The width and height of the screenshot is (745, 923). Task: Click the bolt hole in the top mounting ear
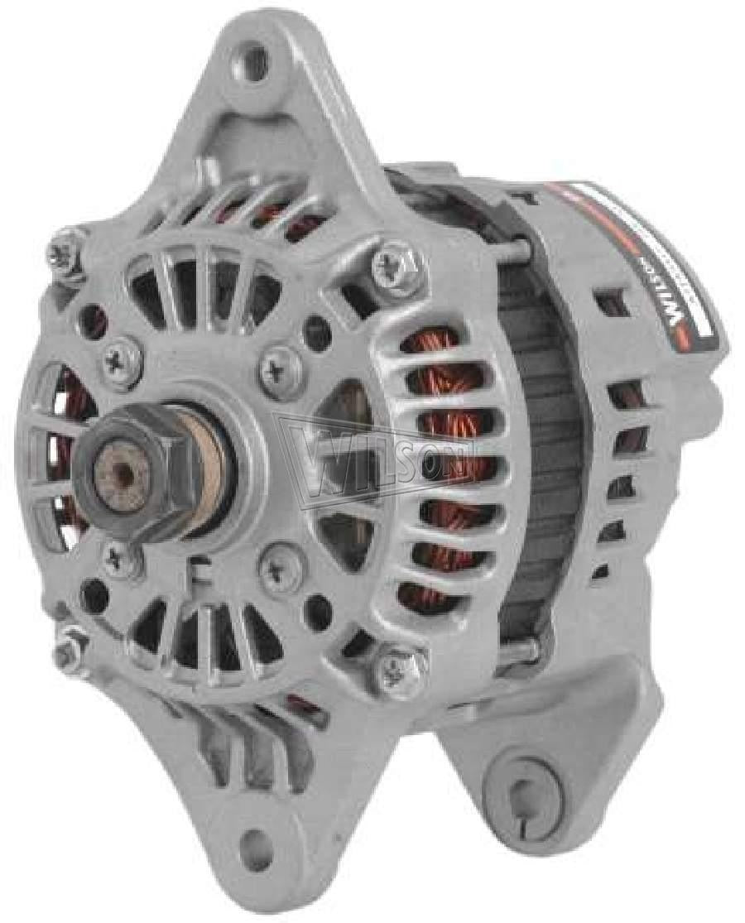click(x=257, y=58)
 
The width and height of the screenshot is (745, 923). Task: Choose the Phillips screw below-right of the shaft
click(x=272, y=567)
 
